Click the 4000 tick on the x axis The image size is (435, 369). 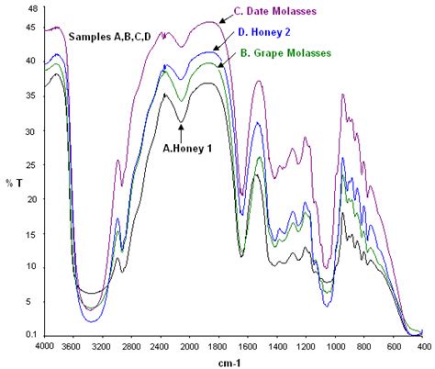click(44, 345)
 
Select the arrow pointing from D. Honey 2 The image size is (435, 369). click(224, 42)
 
